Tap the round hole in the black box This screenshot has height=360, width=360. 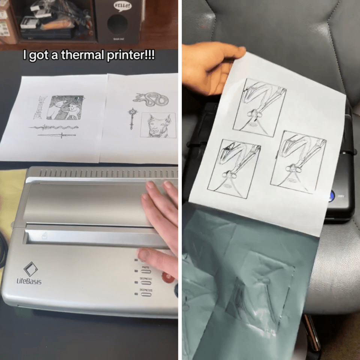(x=117, y=24)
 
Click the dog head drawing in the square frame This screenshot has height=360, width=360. (x=157, y=125)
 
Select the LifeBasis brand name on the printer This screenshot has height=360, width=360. (x=29, y=281)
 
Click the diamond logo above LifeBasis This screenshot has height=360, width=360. (x=30, y=268)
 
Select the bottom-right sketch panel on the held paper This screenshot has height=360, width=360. (x=298, y=162)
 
